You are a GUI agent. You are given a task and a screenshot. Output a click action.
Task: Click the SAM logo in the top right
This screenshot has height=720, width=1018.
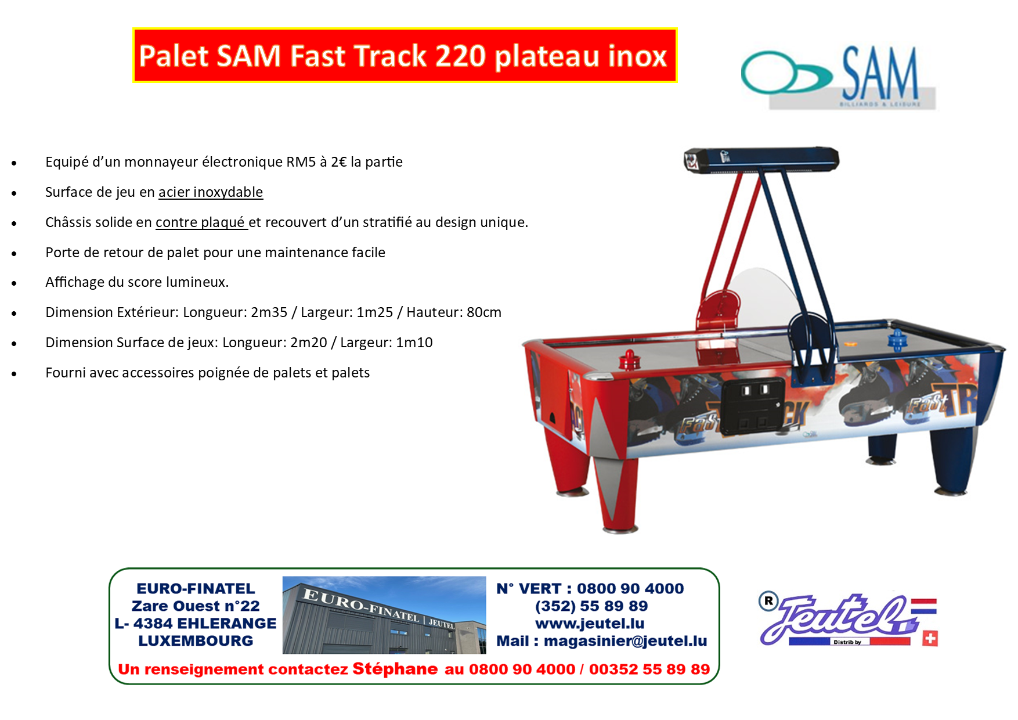click(839, 77)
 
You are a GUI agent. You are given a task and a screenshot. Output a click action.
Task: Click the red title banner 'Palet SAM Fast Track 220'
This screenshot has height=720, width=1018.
click(405, 55)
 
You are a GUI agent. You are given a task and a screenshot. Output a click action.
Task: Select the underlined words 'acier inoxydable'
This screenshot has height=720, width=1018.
click(211, 192)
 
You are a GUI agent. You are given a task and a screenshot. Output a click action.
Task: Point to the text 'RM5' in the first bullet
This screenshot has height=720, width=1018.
click(301, 161)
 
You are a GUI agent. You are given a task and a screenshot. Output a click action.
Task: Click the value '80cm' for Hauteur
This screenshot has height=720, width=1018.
click(484, 312)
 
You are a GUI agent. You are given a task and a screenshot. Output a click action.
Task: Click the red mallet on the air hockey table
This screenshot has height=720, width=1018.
click(629, 360)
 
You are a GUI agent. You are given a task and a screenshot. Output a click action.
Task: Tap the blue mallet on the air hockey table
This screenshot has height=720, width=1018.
click(897, 339)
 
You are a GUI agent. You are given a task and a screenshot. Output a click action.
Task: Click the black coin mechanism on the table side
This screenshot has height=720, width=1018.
click(752, 407)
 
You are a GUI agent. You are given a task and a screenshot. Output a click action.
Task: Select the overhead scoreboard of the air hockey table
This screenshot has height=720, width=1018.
click(761, 160)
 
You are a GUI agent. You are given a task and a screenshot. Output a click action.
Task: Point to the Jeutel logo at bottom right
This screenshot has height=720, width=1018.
click(848, 620)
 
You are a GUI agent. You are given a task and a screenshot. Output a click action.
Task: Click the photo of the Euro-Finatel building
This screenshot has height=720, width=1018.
click(384, 615)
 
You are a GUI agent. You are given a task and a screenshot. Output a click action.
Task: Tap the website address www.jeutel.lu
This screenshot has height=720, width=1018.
click(590, 624)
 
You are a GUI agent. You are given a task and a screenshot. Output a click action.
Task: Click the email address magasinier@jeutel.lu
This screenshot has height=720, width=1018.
click(626, 641)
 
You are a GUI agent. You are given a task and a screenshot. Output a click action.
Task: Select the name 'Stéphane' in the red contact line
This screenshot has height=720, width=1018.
click(395, 669)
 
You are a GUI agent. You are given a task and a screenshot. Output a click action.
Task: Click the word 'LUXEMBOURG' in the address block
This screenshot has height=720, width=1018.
click(196, 641)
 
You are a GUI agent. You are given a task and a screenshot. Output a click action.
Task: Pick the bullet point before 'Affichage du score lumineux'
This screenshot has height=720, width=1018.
click(14, 283)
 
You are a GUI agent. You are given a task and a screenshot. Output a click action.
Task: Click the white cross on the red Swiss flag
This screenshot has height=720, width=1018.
click(930, 639)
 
